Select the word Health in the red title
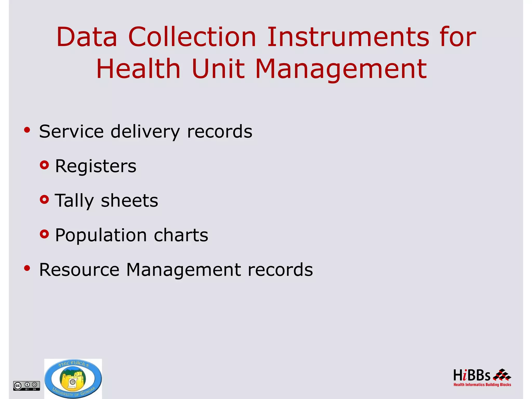pyautogui.click(x=138, y=69)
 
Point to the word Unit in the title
pyautogui.click(x=218, y=69)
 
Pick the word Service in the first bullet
pyautogui.click(x=71, y=131)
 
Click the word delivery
pyautogui.click(x=145, y=132)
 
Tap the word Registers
pyautogui.click(x=96, y=166)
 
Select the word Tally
pyautogui.click(x=74, y=201)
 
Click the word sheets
pyautogui.click(x=129, y=201)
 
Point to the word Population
pyautogui.click(x=101, y=235)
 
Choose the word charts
pyautogui.click(x=181, y=235)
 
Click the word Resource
pyautogui.click(x=79, y=270)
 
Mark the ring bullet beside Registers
pyautogui.click(x=44, y=165)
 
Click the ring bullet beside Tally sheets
pyautogui.click(x=44, y=199)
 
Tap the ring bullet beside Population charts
pyautogui.click(x=44, y=234)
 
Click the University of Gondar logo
pyautogui.click(x=73, y=379)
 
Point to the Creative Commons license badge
pyautogui.click(x=26, y=385)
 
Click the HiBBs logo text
pyautogui.click(x=471, y=375)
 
